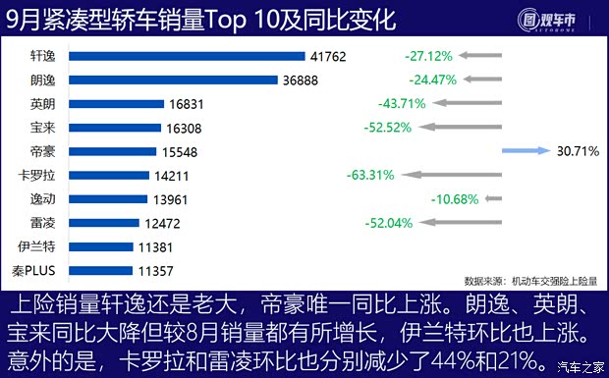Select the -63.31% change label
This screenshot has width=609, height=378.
[370, 176]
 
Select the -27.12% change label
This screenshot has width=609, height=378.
[428, 57]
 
